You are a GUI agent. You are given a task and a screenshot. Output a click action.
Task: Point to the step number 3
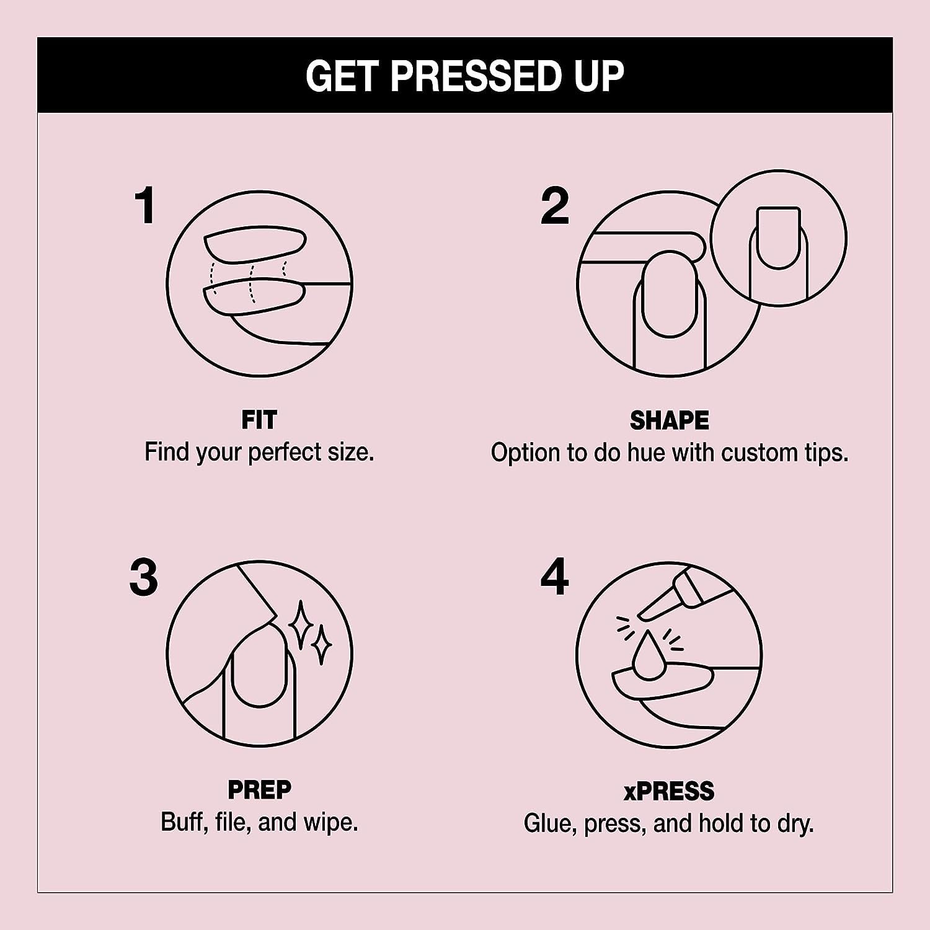(x=144, y=577)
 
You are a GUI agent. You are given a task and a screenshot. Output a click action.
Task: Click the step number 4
(x=554, y=577)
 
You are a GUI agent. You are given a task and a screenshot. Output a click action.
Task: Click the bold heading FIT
(x=259, y=420)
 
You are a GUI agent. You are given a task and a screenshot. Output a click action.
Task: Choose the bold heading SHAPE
(x=669, y=421)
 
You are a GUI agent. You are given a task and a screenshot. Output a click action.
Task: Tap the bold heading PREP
(x=259, y=790)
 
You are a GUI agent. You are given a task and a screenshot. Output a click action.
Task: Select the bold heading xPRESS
(x=669, y=791)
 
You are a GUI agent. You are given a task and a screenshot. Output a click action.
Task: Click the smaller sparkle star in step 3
(x=321, y=645)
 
